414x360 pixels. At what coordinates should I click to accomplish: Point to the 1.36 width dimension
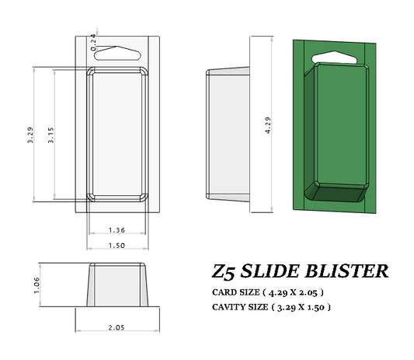coord(117,229)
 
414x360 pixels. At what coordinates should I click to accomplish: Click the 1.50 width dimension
coord(117,245)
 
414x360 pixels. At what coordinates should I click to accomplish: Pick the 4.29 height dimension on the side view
coord(268,124)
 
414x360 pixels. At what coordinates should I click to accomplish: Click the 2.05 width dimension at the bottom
coord(117,327)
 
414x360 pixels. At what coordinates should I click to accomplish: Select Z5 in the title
coord(224,272)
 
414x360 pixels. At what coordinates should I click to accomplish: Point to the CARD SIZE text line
coord(267,292)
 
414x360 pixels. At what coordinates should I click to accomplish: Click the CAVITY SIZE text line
coord(271,307)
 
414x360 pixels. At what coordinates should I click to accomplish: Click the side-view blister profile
coord(227,134)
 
